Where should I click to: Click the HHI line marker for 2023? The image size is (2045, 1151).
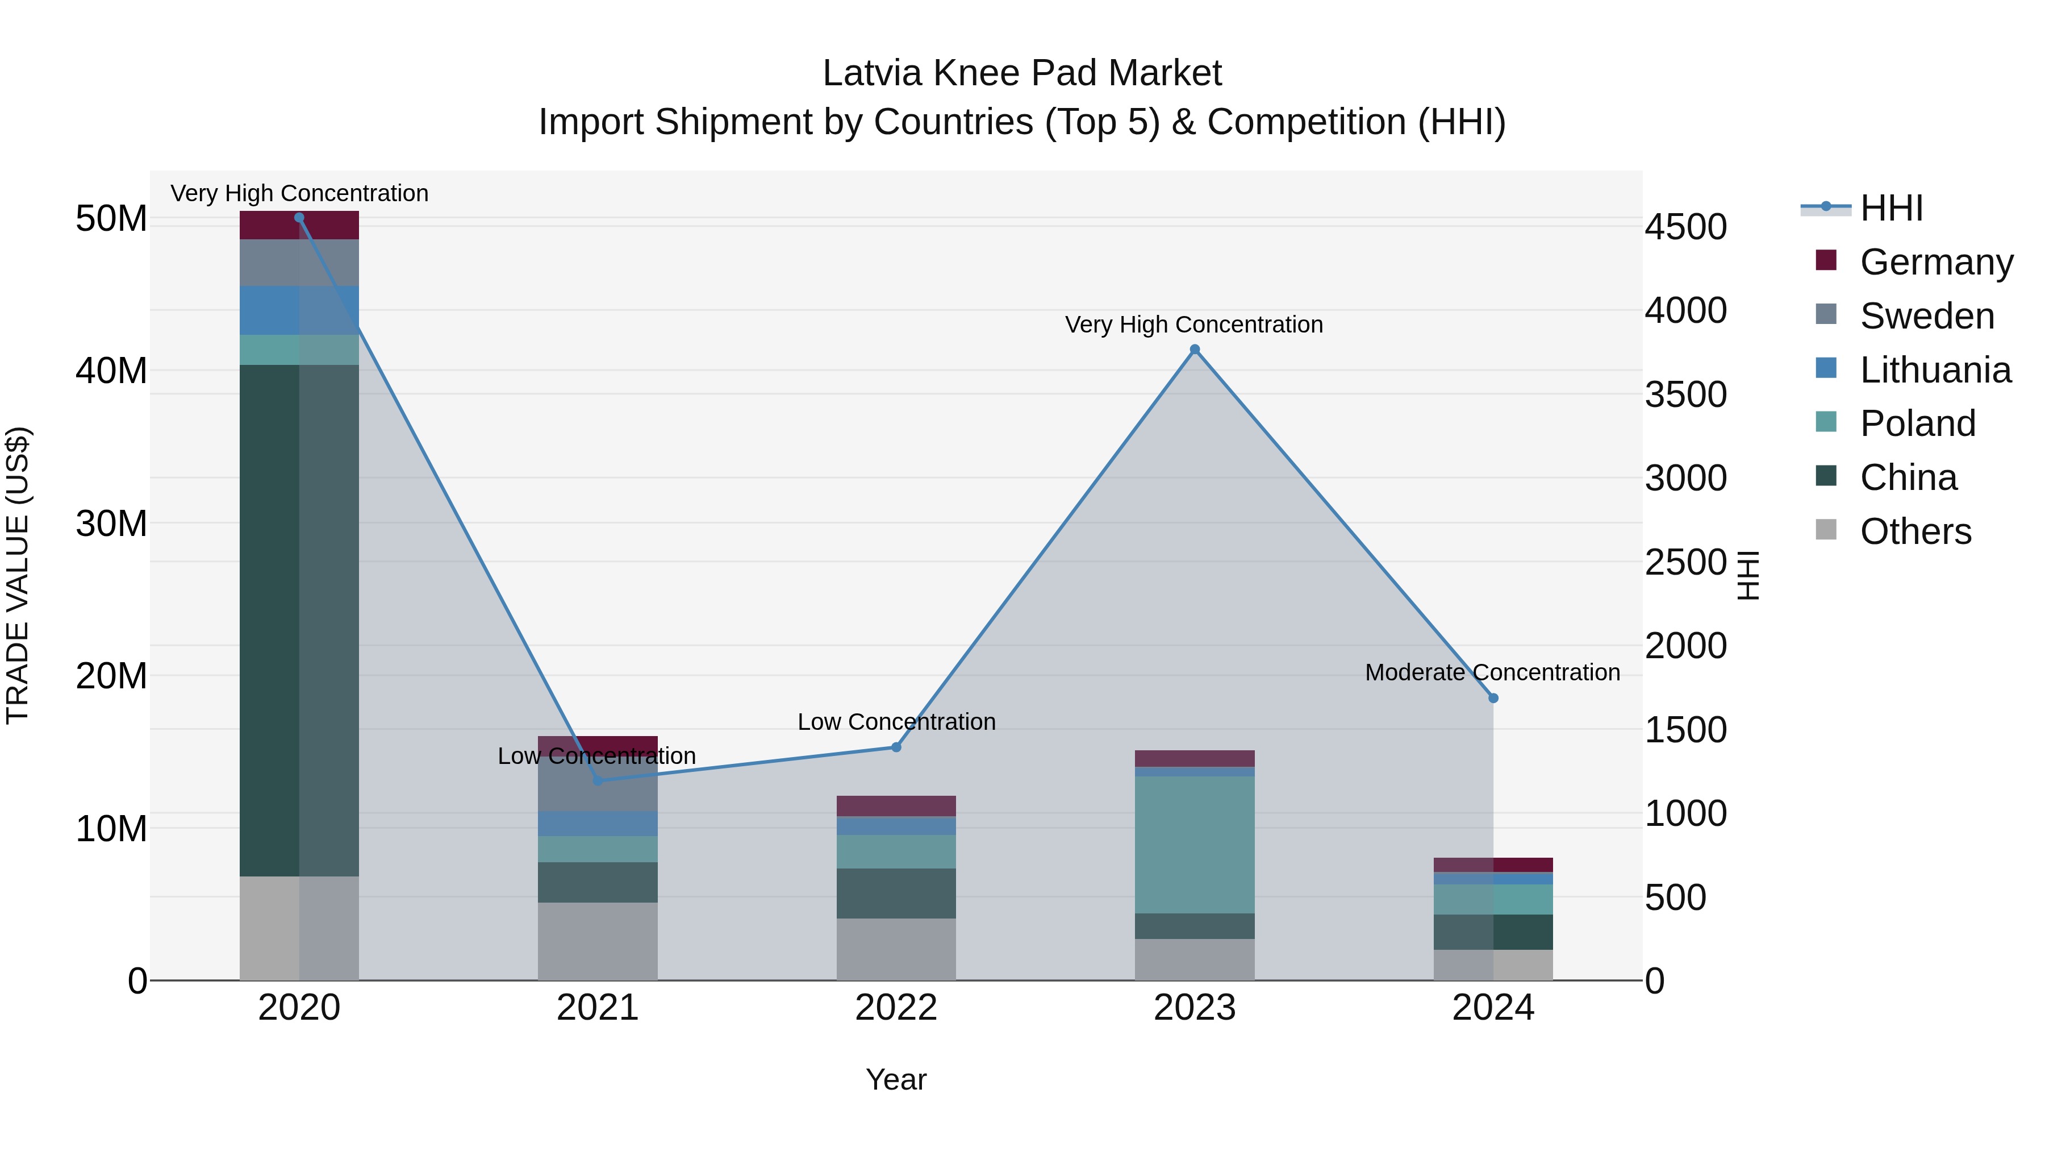coord(1195,350)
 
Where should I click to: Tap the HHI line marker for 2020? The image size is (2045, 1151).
coord(299,218)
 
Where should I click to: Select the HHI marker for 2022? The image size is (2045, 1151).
coord(896,747)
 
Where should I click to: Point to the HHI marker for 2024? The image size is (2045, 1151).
coord(1493,698)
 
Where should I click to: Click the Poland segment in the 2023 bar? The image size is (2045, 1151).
coord(1195,845)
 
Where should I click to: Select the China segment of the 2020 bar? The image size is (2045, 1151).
coord(299,620)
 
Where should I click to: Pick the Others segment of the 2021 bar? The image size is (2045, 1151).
coord(598,941)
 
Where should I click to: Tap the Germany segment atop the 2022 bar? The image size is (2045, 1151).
coord(896,806)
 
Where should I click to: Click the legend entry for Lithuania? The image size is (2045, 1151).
coord(1935,370)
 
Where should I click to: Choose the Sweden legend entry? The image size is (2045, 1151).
coord(1927,316)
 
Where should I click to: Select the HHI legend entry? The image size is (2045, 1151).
coord(1891,208)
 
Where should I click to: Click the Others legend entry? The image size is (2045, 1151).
coord(1915,531)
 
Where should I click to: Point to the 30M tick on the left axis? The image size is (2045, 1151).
coord(111,523)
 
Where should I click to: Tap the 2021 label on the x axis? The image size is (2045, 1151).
coord(598,1008)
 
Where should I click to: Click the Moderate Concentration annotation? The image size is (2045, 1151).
coord(1492,673)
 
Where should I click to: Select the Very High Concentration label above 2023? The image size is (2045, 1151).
coord(1194,325)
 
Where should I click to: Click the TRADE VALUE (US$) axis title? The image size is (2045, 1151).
coord(18,575)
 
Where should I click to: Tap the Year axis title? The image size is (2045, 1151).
coord(896,1079)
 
